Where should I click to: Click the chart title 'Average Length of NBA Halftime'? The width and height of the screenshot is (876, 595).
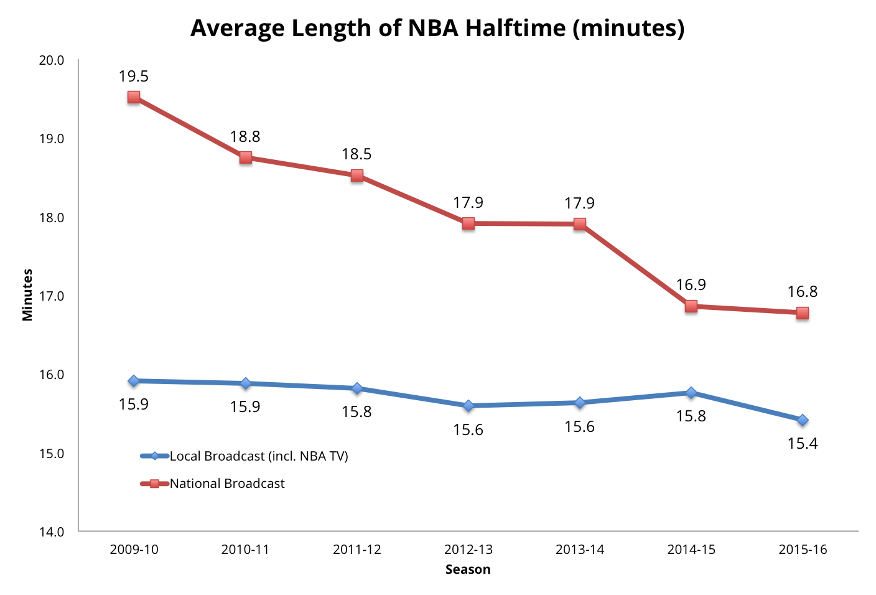pos(437,29)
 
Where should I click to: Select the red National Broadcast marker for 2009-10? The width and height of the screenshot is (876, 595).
pos(134,97)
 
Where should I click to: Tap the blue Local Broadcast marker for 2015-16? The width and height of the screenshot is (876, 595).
pos(803,420)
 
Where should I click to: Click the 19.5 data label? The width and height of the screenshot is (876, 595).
pos(134,77)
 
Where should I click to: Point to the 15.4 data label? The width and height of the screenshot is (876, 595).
pos(803,444)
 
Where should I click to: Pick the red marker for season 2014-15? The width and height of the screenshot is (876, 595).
pos(691,306)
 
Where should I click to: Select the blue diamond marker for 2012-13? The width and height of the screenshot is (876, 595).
pos(468,406)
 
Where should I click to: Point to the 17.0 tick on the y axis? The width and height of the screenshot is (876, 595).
pos(52,296)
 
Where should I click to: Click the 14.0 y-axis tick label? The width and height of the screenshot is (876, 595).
pos(52,532)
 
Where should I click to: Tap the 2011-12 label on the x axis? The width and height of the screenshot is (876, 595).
pos(356,550)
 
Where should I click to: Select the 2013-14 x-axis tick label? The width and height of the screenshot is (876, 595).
pos(580,550)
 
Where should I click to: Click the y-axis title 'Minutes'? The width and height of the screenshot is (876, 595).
pos(27,295)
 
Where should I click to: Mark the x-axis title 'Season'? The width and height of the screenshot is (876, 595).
pos(468,569)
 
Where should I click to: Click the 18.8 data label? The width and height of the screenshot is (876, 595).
pos(245,137)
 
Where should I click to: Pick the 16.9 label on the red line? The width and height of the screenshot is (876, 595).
pos(691,285)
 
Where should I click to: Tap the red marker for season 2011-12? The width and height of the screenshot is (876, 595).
pos(357,176)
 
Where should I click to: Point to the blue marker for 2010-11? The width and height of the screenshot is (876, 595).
pos(246,383)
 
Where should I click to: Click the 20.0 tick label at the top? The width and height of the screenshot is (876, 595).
pos(52,60)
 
